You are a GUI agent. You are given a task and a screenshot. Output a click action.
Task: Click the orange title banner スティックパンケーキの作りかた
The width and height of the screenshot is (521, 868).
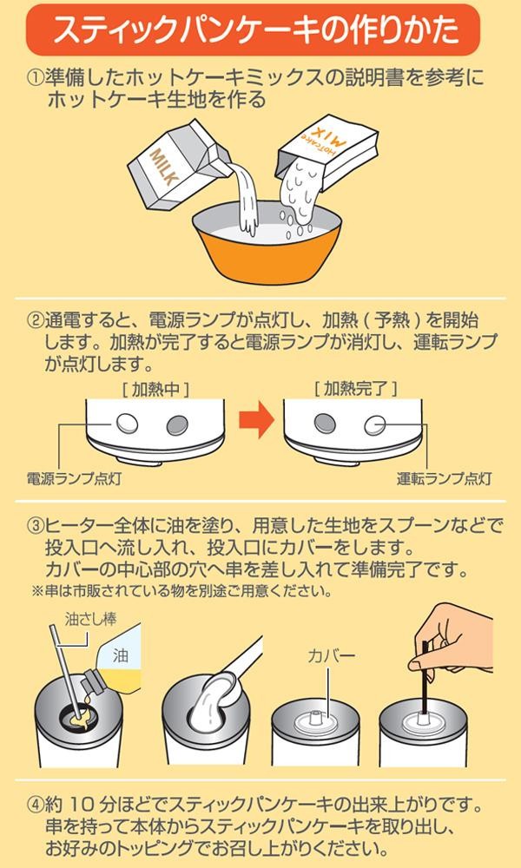(260, 30)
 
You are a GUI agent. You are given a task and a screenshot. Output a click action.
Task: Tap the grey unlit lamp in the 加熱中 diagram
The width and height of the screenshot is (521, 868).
(177, 423)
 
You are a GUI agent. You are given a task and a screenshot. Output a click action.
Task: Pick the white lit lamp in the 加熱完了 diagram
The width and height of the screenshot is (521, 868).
(376, 423)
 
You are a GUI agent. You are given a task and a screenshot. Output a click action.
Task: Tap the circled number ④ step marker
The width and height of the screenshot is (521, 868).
(36, 798)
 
